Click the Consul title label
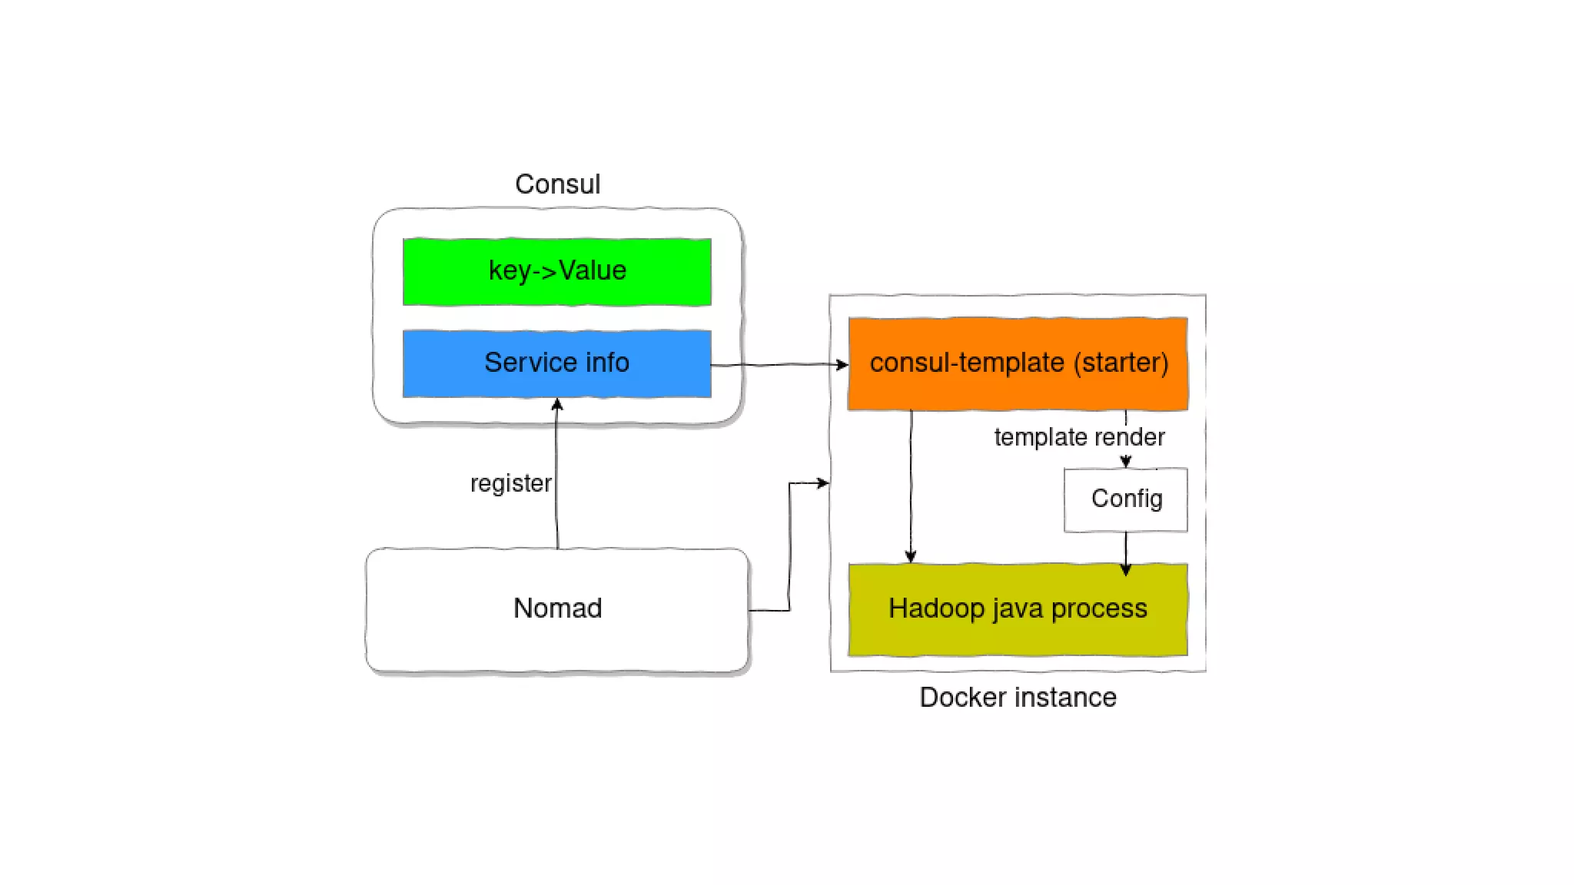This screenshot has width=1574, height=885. pyautogui.click(x=557, y=184)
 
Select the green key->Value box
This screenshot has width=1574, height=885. pyautogui.click(x=556, y=272)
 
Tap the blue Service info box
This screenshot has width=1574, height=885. pyautogui.click(x=556, y=363)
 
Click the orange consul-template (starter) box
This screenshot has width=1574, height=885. pyautogui.click(x=1018, y=363)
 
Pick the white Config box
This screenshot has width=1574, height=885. pyautogui.click(x=1125, y=499)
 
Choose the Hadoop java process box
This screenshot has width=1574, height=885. pyautogui.click(x=1018, y=609)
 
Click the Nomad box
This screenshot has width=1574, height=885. pyautogui.click(x=557, y=609)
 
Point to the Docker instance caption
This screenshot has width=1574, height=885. pyautogui.click(x=1018, y=698)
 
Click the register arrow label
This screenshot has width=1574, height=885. pyautogui.click(x=510, y=483)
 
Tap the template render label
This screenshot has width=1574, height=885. pyautogui.click(x=1079, y=437)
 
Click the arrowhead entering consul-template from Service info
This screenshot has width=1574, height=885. pyautogui.click(x=842, y=365)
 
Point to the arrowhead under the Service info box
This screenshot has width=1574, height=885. pyautogui.click(x=557, y=404)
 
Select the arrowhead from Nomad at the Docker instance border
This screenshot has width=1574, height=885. pyautogui.click(x=823, y=483)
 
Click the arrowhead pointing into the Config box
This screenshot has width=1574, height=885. pyautogui.click(x=1125, y=462)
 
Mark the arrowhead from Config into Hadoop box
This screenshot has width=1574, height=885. pyautogui.click(x=1125, y=569)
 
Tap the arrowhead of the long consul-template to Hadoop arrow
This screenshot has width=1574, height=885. pyautogui.click(x=911, y=556)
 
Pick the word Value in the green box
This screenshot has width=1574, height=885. pyautogui.click(x=593, y=270)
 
